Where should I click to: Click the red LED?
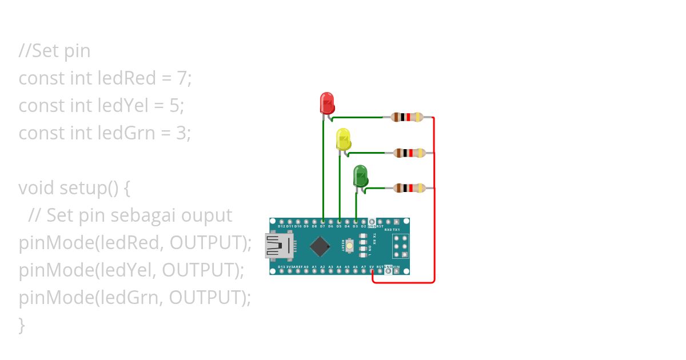pos(326,103)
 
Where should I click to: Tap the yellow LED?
pos(343,139)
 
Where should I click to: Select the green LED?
pos(360,175)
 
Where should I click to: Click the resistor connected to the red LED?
pos(407,118)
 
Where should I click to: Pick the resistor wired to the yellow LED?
pos(409,153)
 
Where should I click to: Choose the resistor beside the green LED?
pos(409,187)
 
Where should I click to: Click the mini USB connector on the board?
pos(277,246)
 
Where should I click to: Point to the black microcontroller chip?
pos(320,246)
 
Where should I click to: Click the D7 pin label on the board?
pos(322,226)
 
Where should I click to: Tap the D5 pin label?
pos(339,226)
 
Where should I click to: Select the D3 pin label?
pos(355,226)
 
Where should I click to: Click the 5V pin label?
pos(372,267)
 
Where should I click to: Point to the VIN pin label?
pos(396,267)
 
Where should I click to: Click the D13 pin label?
pos(281,267)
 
